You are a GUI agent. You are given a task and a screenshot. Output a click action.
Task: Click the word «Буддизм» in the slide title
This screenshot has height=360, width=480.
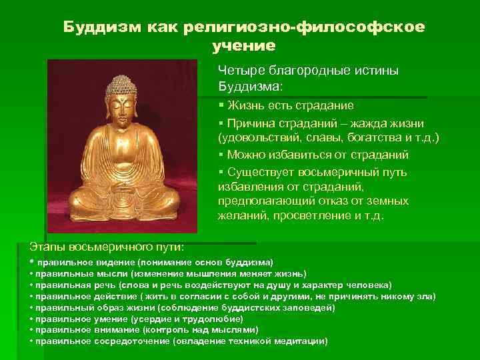(98, 27)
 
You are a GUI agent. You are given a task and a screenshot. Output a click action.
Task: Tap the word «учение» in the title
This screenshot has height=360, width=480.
(244, 46)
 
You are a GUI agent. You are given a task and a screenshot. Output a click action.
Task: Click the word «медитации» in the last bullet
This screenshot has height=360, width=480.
(299, 341)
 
